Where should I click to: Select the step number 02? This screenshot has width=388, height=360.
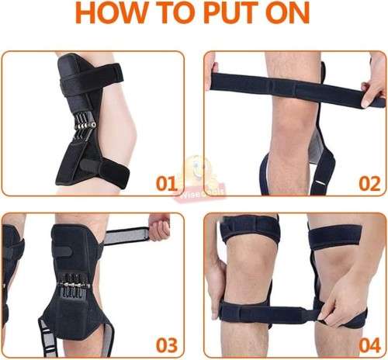(x=369, y=185)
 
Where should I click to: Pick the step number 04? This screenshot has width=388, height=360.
(x=369, y=344)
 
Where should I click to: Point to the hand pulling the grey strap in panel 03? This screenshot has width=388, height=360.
(x=158, y=230)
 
